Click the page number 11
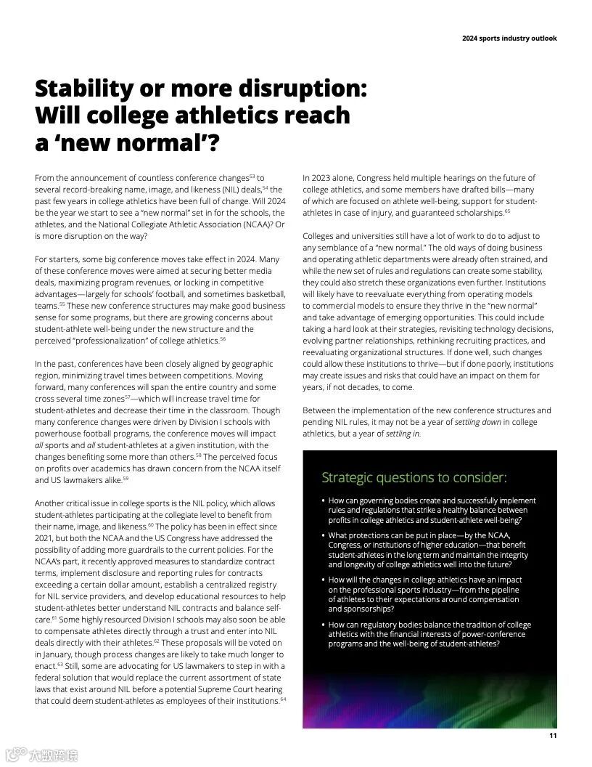coord(553,735)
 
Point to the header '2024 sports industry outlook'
coord(509,38)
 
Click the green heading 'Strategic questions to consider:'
coord(414,477)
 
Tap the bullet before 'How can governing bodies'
coord(323,500)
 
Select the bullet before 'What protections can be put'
coord(323,535)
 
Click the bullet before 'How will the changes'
coord(323,580)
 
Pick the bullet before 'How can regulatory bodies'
coord(323,625)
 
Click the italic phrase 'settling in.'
coord(403,434)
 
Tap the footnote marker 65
coord(507,211)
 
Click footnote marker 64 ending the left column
coord(283,699)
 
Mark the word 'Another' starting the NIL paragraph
coord(50,503)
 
